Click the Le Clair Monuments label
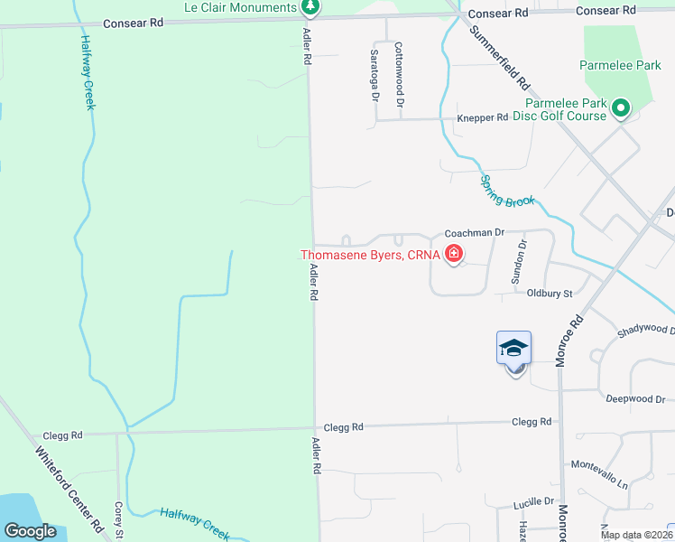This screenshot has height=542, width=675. click(239, 7)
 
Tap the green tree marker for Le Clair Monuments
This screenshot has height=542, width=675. click(310, 8)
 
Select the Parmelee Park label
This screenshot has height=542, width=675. click(621, 66)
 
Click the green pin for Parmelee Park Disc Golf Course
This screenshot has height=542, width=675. click(621, 109)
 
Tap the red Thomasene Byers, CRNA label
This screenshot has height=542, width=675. click(370, 255)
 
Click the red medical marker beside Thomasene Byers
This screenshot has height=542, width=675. click(454, 255)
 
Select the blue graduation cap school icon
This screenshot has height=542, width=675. click(513, 348)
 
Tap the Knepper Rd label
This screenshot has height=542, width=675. click(483, 118)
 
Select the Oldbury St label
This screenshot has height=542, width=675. click(550, 294)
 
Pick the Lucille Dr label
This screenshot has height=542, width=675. click(533, 500)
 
